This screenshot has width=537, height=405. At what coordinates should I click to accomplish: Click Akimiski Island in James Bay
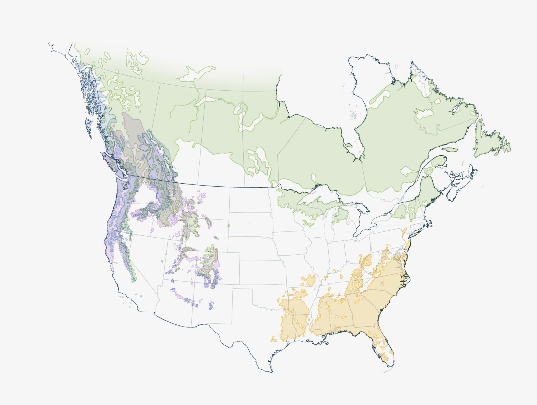click(x=349, y=145)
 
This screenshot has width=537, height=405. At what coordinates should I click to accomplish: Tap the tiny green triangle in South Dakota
click(x=228, y=225)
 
